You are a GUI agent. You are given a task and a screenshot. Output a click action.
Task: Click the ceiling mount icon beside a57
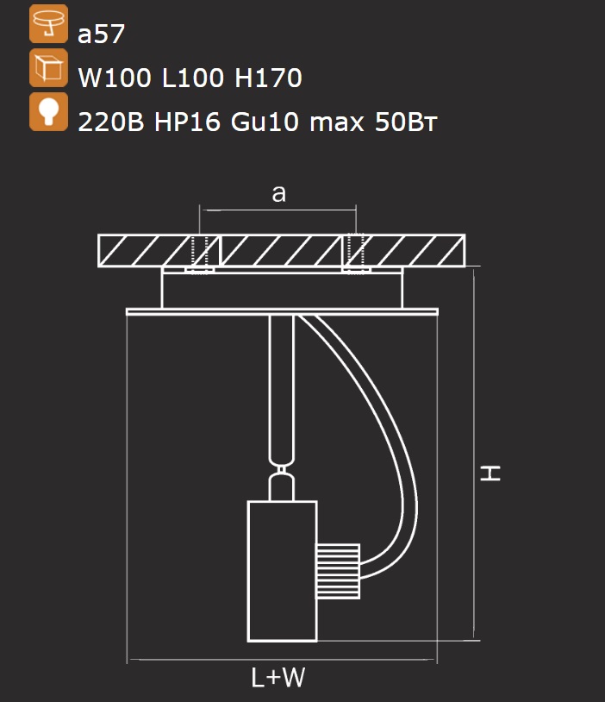click(x=49, y=24)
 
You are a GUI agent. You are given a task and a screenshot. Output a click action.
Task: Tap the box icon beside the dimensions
click(x=49, y=68)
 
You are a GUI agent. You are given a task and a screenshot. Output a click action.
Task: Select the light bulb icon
click(x=49, y=112)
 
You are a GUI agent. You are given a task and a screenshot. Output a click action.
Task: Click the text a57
click(x=101, y=34)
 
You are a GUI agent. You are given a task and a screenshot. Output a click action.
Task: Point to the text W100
click(x=115, y=78)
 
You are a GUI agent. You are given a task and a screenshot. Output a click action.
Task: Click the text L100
click(x=192, y=78)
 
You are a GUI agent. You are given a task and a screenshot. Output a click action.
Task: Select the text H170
click(x=268, y=78)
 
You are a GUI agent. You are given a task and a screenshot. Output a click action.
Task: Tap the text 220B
click(x=111, y=122)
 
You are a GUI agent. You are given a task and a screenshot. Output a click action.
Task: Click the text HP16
click(x=187, y=122)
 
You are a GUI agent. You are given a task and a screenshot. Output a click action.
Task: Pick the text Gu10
click(x=265, y=122)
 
